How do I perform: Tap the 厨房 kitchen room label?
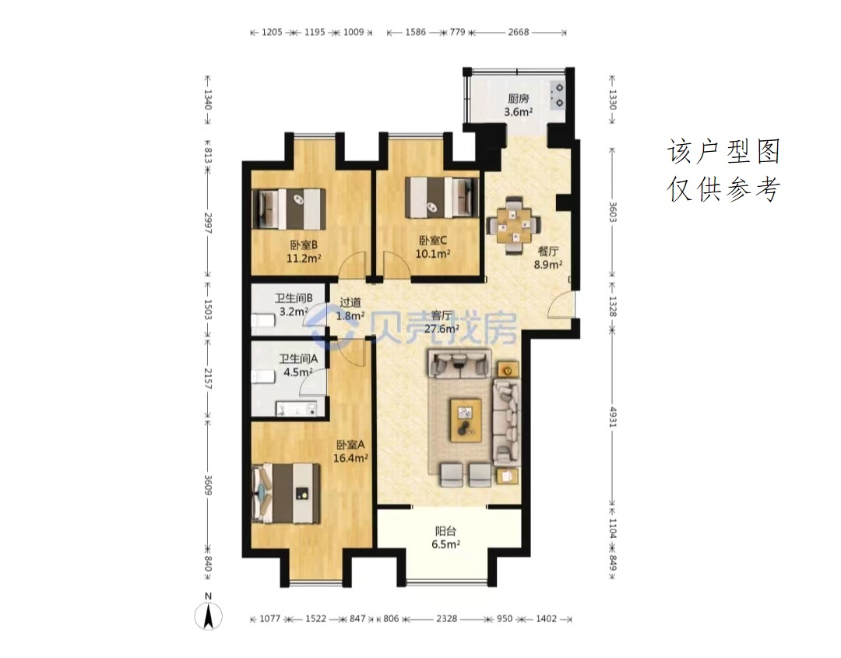coord(518,99)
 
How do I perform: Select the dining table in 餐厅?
coord(513,225)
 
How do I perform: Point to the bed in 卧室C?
coord(442,197)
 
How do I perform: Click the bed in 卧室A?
coord(287,493)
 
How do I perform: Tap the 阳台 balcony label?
coord(445,531)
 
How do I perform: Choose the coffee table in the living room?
coord(466,420)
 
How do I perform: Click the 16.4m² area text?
coord(350,458)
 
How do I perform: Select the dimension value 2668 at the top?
coord(519,32)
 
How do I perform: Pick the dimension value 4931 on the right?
coord(613,416)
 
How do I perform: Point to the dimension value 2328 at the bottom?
coord(446,619)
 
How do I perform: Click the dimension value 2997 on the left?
coord(208,223)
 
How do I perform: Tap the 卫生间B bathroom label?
coord(294,298)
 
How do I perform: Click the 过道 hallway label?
coord(350,303)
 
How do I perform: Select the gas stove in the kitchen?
coord(558,95)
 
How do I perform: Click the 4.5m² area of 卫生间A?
coord(298,371)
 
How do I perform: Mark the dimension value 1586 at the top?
coord(416,32)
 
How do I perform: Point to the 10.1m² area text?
coord(433,253)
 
